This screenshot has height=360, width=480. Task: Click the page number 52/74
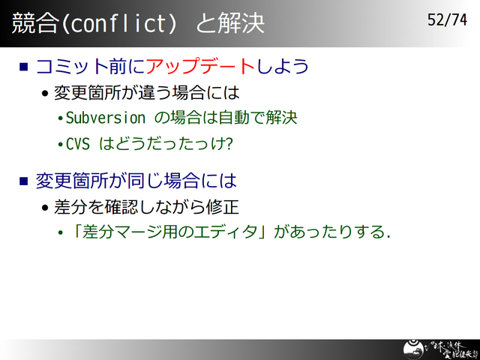click(x=447, y=20)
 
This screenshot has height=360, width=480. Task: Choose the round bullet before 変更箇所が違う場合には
click(x=46, y=94)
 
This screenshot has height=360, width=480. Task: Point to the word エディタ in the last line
click(x=232, y=232)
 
